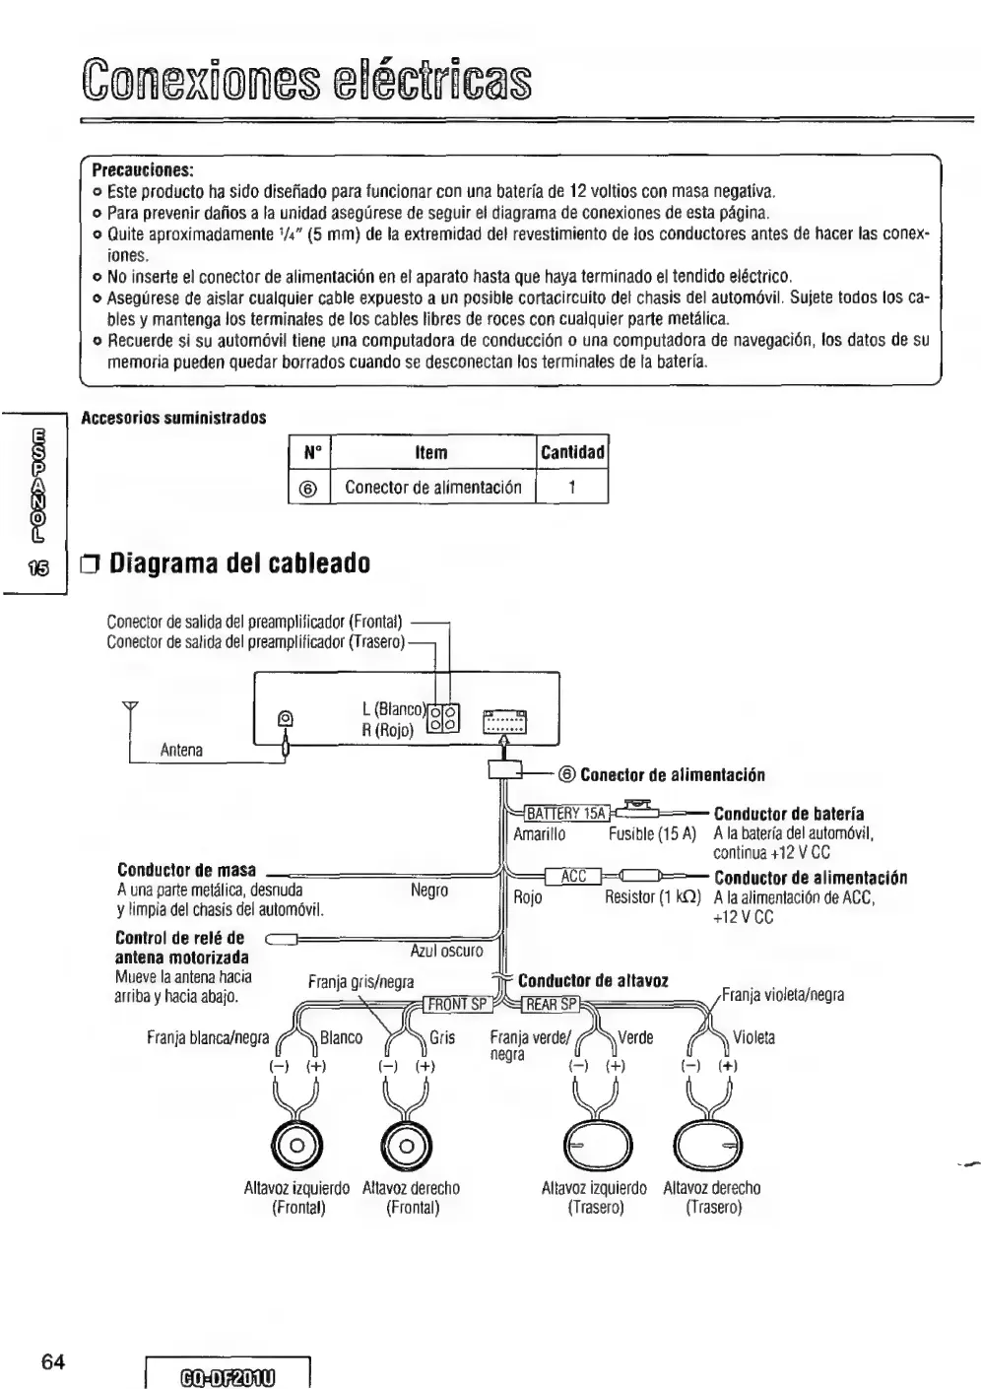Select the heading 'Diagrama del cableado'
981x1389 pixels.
239,564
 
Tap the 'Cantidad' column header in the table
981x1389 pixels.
572,452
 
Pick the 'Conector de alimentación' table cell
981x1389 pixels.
432,487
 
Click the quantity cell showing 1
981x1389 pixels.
572,487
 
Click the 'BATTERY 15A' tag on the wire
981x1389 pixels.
565,814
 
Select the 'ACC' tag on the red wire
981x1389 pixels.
573,877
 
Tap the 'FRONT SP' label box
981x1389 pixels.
456,1005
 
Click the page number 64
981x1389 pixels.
54,1362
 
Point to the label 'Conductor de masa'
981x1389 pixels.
186,870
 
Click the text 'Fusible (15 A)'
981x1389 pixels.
651,834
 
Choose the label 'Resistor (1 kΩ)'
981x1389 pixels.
652,897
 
